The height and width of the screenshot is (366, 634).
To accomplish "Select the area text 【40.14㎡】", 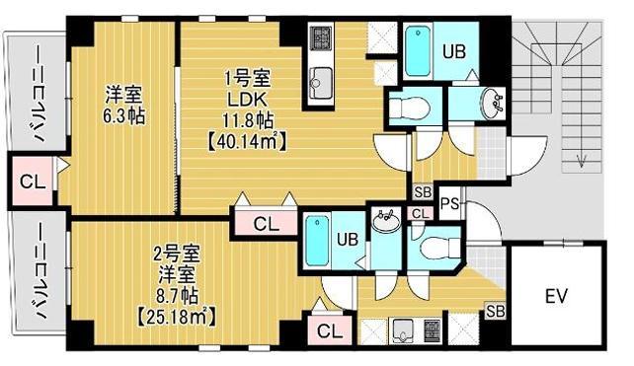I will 247,141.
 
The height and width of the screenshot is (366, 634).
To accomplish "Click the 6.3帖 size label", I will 124,115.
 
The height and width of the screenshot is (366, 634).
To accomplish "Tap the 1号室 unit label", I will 247,76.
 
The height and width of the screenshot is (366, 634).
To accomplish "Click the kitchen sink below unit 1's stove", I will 321,77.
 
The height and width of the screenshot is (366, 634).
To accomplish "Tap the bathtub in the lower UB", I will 318,242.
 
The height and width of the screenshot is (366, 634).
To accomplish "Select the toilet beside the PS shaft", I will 433,247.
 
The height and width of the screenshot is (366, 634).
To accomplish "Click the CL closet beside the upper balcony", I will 31,183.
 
